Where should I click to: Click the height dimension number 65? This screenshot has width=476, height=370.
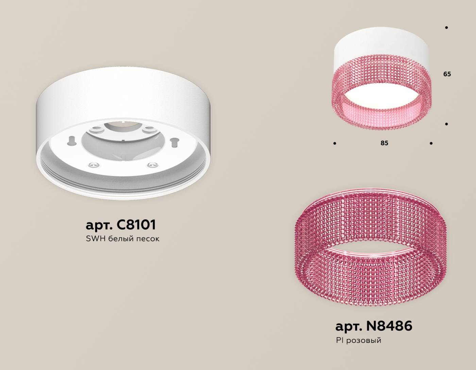(447, 74)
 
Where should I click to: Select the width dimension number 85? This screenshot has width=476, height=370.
(384, 143)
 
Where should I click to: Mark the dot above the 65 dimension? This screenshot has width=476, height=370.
(446, 28)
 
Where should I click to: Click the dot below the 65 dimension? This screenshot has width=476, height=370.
(446, 124)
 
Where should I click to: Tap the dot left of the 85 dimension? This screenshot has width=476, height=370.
(335, 144)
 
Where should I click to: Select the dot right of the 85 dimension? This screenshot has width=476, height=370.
(431, 144)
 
